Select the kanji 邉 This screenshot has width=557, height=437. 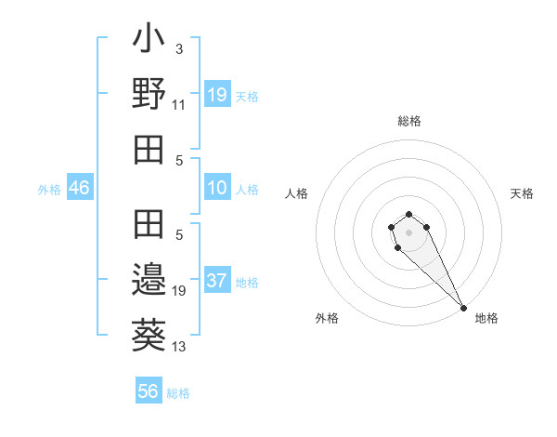[149, 277]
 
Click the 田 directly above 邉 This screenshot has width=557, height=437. [149, 225]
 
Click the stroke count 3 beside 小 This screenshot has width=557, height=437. [179, 48]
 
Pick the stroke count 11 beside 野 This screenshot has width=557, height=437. [179, 106]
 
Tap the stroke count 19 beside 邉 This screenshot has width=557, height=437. [179, 291]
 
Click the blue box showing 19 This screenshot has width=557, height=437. [217, 94]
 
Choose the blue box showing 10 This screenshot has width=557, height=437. [217, 189]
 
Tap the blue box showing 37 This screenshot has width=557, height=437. [217, 282]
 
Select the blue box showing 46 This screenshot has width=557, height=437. [80, 189]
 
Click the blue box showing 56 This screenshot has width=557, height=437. [149, 391]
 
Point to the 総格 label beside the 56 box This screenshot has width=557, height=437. [178, 393]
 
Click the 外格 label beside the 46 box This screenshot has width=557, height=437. [49, 190]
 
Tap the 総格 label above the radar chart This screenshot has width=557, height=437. [408, 121]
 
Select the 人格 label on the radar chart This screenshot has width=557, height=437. [297, 193]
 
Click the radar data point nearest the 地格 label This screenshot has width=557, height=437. [463, 308]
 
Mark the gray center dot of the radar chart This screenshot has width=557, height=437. [408, 232]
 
